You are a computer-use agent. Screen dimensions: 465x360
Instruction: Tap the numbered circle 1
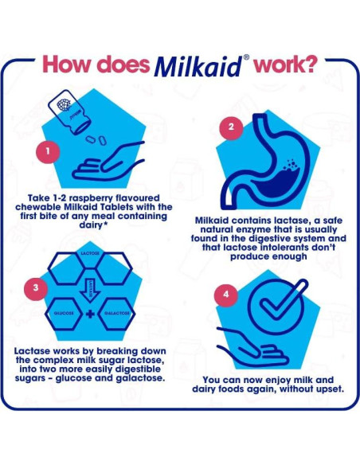pos(49,149)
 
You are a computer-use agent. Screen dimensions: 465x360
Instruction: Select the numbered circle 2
pos(230,127)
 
